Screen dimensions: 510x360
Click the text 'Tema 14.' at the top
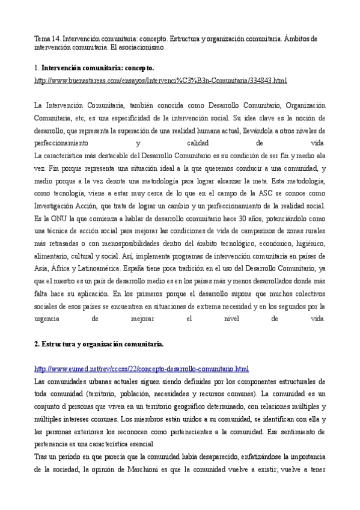point(47,38)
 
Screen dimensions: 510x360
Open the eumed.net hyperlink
point(142,369)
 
